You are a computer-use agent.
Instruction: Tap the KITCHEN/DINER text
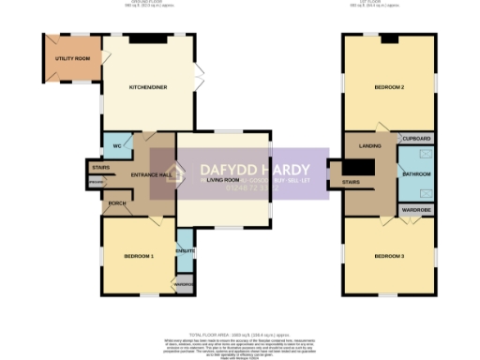[148, 88]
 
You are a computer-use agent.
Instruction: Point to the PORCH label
[118, 202]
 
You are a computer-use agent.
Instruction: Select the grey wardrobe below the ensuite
[184, 284]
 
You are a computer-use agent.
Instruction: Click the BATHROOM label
[416, 174]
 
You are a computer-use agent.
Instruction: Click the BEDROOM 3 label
[389, 256]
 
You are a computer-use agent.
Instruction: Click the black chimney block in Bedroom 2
[389, 39]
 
